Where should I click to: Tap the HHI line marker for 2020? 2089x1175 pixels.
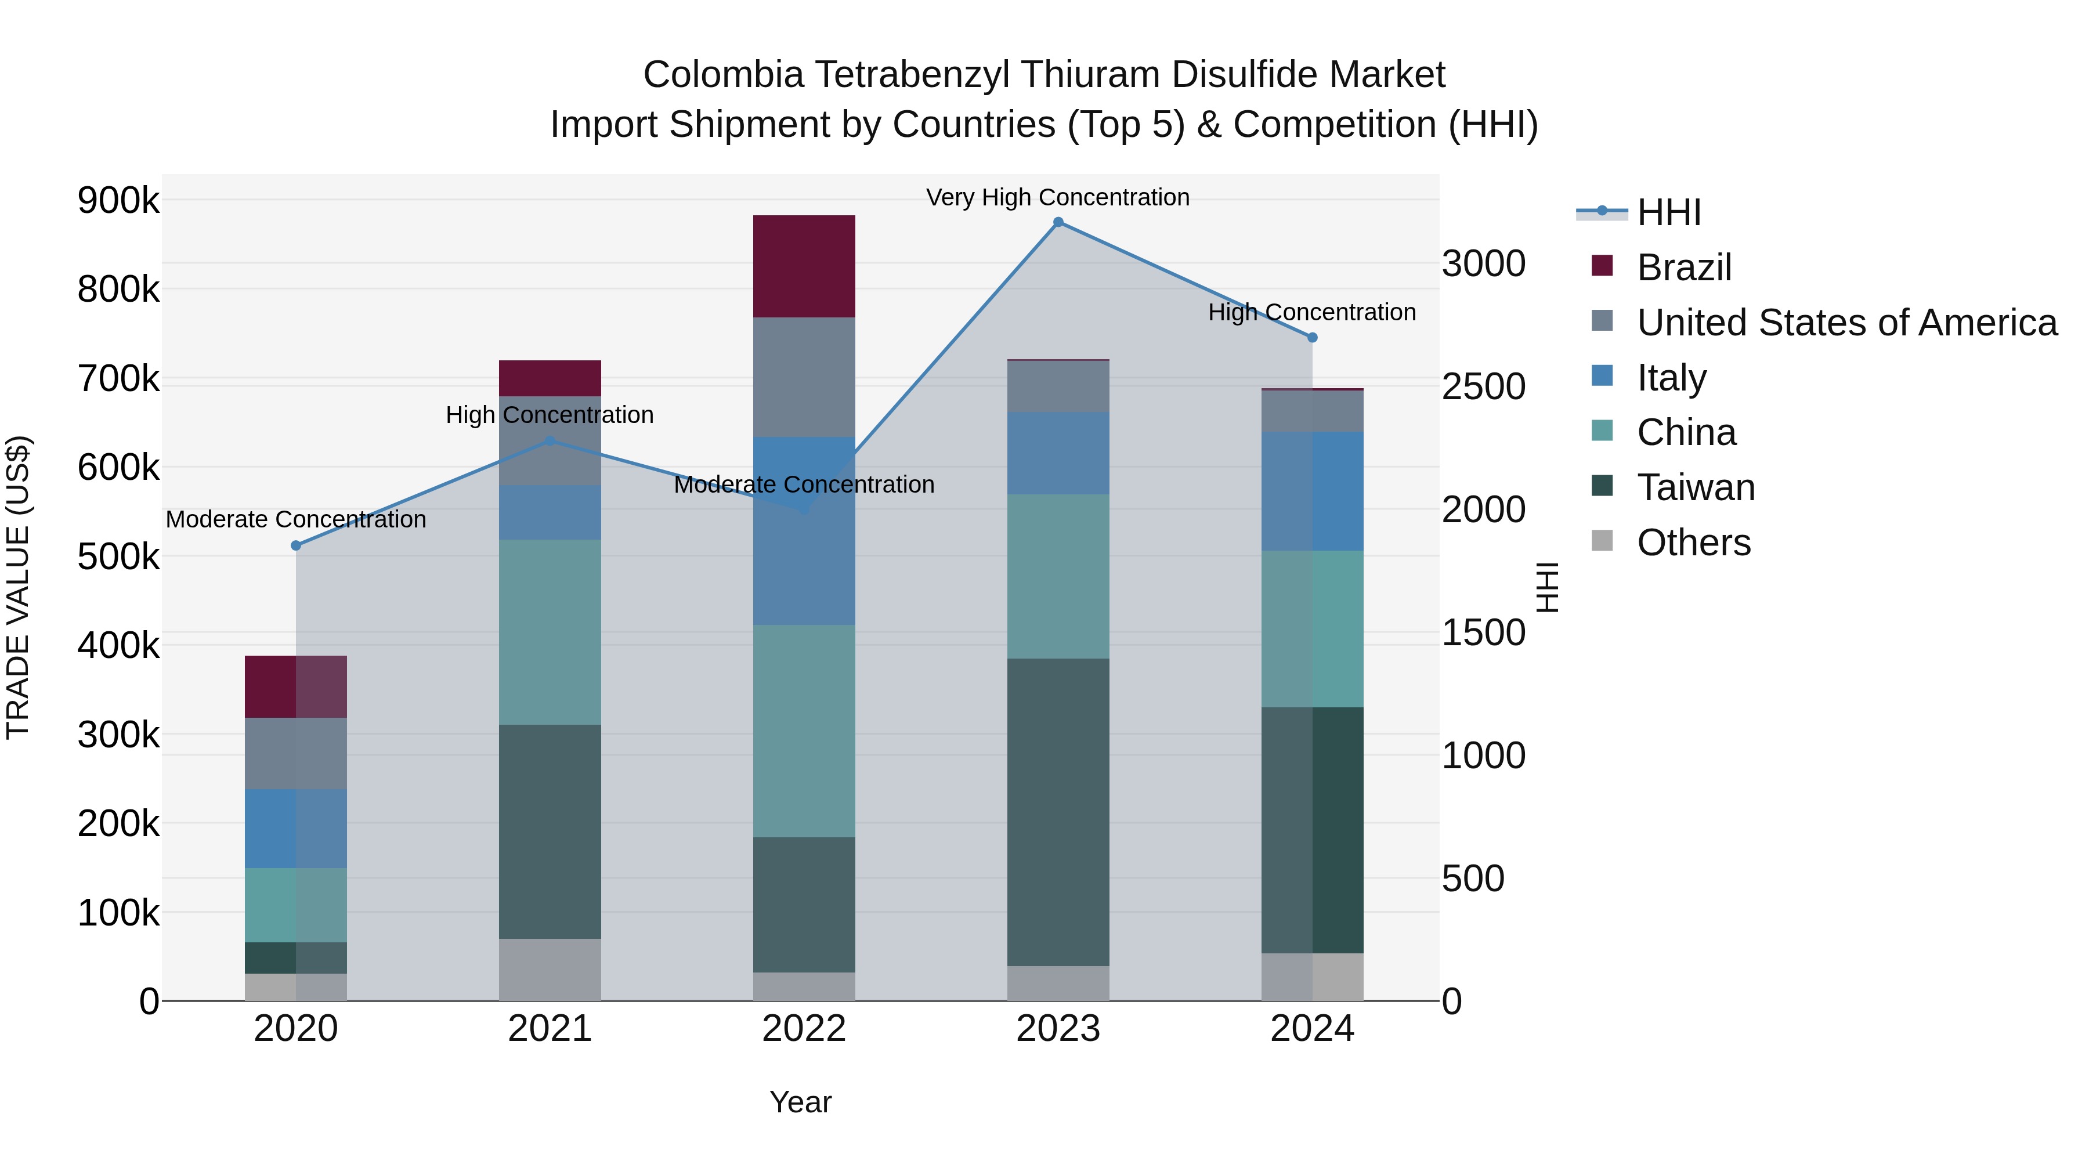click(296, 546)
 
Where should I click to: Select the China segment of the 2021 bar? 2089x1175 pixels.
click(550, 632)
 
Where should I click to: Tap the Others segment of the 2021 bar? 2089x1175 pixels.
click(550, 969)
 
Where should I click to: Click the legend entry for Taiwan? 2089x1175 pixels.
click(1695, 487)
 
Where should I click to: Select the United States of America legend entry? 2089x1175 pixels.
click(1846, 322)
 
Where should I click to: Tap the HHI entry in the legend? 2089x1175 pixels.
click(1668, 212)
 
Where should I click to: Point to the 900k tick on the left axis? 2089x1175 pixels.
click(118, 200)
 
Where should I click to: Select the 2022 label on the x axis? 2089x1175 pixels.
click(804, 1029)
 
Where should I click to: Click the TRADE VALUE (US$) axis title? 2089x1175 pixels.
click(18, 587)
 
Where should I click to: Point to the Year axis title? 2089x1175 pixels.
click(800, 1102)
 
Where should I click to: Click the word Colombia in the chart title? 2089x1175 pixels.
click(724, 75)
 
